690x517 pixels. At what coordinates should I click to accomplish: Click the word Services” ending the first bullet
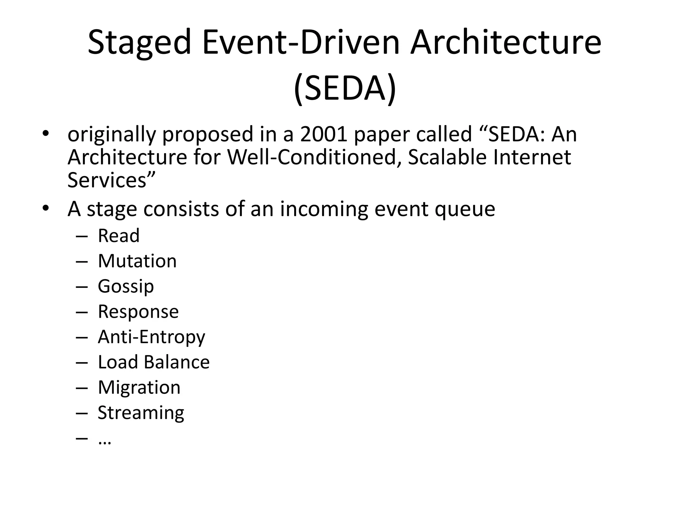click(111, 180)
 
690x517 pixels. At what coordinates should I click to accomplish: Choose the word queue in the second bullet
click(465, 209)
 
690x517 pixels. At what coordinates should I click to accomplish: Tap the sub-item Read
click(119, 236)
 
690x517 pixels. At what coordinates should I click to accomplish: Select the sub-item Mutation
click(137, 261)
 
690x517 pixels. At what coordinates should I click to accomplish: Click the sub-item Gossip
click(126, 286)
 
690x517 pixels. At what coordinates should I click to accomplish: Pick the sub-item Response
click(138, 312)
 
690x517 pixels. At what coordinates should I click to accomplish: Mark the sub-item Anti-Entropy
click(151, 337)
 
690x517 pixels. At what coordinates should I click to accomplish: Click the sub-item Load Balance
click(154, 362)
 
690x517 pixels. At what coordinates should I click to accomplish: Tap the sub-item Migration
click(139, 387)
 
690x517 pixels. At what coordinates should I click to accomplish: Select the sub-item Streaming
click(141, 413)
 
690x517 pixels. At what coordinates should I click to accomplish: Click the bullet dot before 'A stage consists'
click(46, 208)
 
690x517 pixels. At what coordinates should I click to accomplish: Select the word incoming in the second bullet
click(324, 209)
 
